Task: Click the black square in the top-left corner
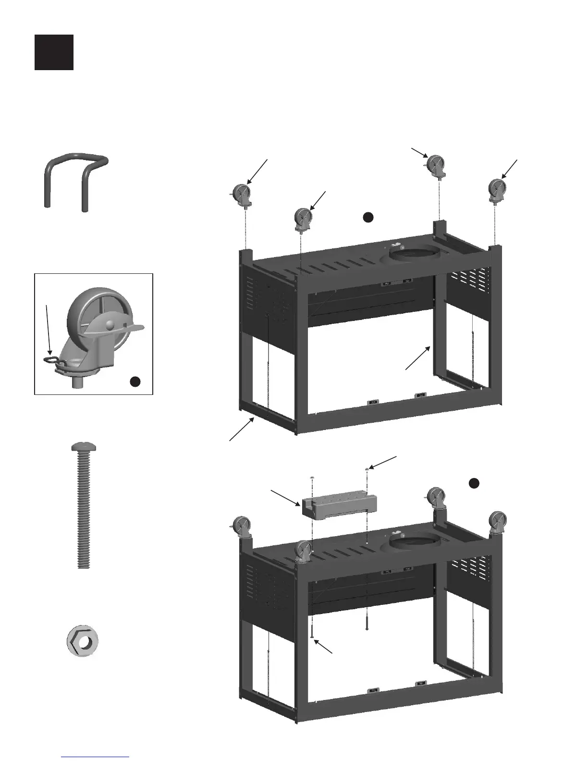click(54, 52)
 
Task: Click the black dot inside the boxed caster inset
click(135, 381)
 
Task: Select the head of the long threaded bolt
click(83, 447)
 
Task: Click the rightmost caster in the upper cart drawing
click(497, 190)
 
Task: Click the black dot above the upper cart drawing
click(367, 217)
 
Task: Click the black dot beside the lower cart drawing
click(474, 483)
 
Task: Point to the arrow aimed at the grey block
click(285, 498)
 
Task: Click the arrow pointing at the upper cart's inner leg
click(417, 358)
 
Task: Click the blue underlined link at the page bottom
click(95, 756)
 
